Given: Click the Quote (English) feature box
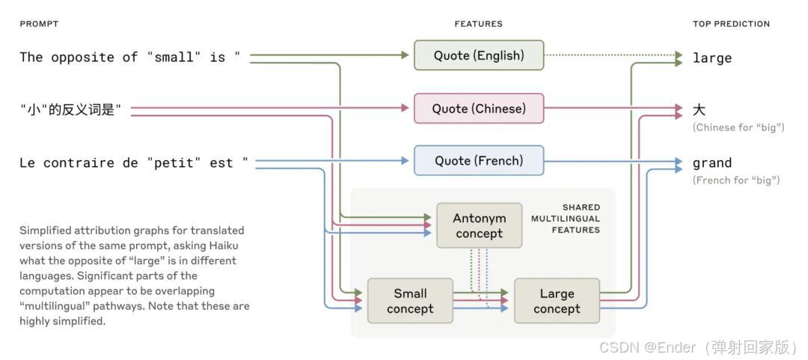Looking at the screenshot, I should pyautogui.click(x=479, y=55).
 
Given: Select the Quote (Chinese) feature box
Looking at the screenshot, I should pyautogui.click(x=479, y=109).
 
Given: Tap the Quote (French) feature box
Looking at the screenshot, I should pyautogui.click(x=479, y=161).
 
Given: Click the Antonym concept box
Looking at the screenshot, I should pyautogui.click(x=480, y=225).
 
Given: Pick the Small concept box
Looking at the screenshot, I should pyautogui.click(x=410, y=301).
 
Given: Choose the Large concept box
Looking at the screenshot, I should pyautogui.click(x=557, y=301).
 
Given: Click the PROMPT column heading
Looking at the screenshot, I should pyautogui.click(x=39, y=24).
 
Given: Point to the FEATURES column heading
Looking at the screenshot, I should pyautogui.click(x=478, y=24).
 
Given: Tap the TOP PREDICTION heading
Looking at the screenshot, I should pyautogui.click(x=731, y=24).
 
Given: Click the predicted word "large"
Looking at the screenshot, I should pyautogui.click(x=712, y=58).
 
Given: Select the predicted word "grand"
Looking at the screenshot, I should pyautogui.click(x=712, y=163).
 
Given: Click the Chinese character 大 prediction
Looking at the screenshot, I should pyautogui.click(x=700, y=110).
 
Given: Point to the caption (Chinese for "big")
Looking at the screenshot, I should pyautogui.click(x=738, y=127).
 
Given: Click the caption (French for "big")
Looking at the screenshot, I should pyautogui.click(x=736, y=180).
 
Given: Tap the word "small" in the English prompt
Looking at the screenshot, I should pyautogui.click(x=174, y=58).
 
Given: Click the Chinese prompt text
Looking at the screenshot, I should pyautogui.click(x=70, y=110).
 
